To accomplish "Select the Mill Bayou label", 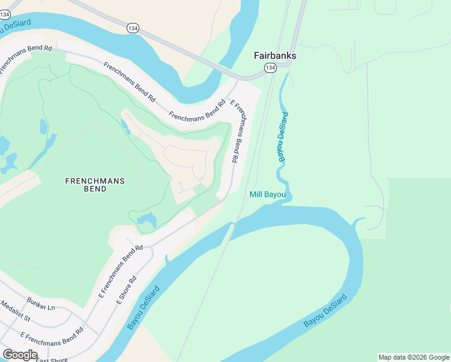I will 268,194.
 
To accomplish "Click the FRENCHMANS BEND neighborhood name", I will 86,185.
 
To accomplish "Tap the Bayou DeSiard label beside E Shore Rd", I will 143,308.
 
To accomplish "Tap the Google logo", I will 20,355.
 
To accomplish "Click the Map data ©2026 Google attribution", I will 414,357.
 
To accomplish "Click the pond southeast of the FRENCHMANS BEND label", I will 147,220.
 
